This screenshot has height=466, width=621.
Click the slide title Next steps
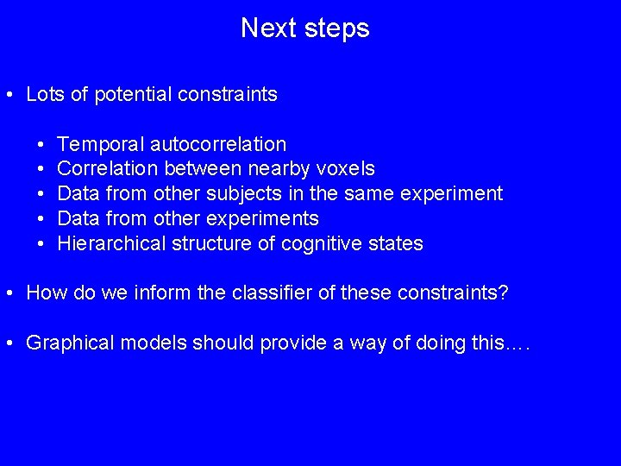304,28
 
